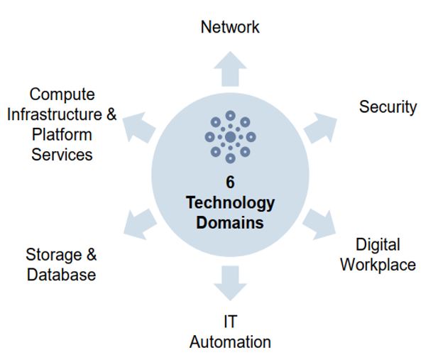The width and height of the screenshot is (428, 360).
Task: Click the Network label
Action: (x=230, y=28)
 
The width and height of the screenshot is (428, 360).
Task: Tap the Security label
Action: (x=388, y=107)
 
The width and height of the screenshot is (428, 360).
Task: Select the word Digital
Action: (x=378, y=246)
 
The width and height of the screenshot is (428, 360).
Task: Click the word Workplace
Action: (x=378, y=265)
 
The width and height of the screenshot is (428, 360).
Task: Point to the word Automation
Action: (x=230, y=342)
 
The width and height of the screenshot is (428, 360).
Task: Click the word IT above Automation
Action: (x=230, y=322)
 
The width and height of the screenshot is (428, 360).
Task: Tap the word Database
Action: (x=61, y=275)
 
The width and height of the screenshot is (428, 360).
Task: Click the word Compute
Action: (x=62, y=94)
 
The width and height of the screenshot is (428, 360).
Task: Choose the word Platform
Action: (x=62, y=134)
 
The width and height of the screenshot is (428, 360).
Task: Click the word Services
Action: (x=62, y=154)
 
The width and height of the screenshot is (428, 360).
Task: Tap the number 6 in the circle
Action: (x=230, y=182)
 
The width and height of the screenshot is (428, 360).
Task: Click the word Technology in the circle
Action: (x=230, y=202)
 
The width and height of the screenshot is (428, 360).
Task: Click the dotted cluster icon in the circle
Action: (x=230, y=136)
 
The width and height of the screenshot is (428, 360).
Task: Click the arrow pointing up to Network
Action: (x=230, y=68)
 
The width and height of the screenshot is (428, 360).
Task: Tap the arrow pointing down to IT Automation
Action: (x=230, y=283)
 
